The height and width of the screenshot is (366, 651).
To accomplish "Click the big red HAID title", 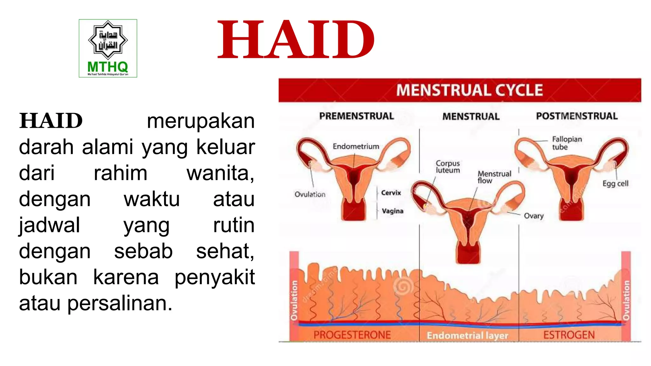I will click(x=296, y=40).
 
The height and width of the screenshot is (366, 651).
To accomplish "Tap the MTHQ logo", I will click(x=108, y=48).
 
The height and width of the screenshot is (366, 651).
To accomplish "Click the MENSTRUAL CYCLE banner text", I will click(x=469, y=90).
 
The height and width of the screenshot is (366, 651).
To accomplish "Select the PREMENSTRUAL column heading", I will click(x=356, y=116).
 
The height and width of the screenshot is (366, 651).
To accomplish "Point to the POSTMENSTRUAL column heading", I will click(x=577, y=116).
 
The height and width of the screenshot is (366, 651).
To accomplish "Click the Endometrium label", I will click(x=356, y=146).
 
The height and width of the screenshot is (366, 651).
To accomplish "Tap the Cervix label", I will click(x=391, y=193).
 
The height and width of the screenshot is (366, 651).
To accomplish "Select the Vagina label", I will click(x=392, y=211).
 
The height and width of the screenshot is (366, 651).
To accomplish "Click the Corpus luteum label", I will click(x=448, y=167).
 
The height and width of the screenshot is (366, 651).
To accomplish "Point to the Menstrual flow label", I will click(x=494, y=177).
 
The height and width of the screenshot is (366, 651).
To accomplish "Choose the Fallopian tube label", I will click(x=566, y=143).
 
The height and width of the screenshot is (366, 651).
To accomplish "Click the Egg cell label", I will click(x=615, y=184).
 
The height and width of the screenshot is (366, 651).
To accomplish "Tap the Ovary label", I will click(x=533, y=216).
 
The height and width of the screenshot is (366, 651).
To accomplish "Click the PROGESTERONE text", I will click(x=352, y=335).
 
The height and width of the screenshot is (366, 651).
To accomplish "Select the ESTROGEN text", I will click(x=569, y=335).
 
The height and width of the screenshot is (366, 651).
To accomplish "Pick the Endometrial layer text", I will click(x=467, y=335).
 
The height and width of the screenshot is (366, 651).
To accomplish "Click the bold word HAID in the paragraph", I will click(x=51, y=121).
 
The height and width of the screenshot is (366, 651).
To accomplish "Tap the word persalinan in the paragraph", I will click(x=120, y=303).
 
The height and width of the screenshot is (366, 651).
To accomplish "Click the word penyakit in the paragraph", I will click(x=215, y=277).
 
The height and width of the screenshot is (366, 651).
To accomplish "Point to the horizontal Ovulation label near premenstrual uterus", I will click(x=310, y=194).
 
